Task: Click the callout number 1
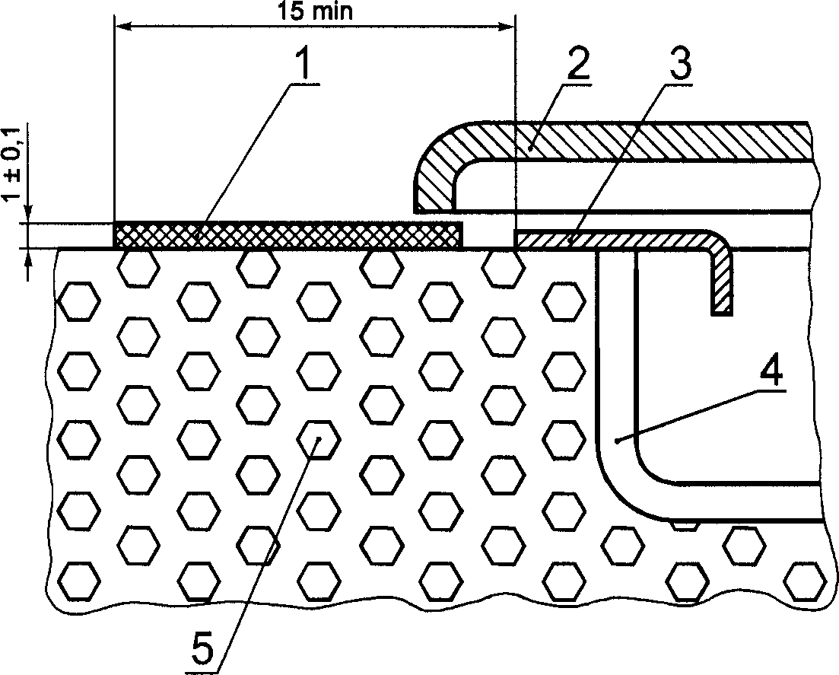click(x=303, y=66)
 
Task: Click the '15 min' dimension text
click(x=313, y=12)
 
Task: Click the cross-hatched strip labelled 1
click(x=288, y=235)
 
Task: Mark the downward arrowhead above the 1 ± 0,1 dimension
click(x=29, y=215)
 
